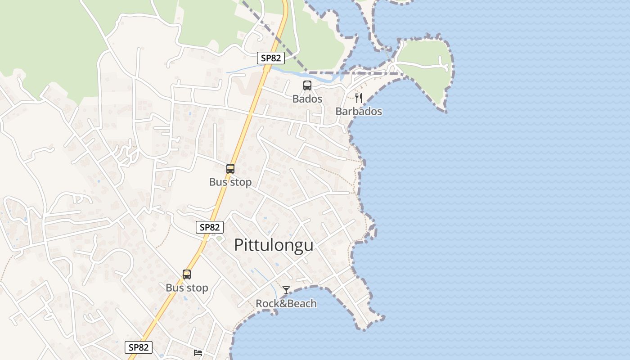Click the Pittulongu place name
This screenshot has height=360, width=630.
click(274, 245)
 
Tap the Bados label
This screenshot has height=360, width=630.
click(307, 99)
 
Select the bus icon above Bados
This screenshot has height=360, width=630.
click(307, 85)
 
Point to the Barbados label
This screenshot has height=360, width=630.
click(359, 111)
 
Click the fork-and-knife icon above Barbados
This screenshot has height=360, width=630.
click(359, 98)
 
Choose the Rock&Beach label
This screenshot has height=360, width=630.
click(286, 303)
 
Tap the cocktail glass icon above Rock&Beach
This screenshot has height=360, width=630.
click(286, 290)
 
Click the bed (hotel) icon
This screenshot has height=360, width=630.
click(198, 352)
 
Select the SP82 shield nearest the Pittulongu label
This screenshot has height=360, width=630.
click(210, 227)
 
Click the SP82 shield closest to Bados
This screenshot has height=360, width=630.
click(271, 58)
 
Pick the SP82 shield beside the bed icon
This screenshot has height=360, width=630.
click(139, 347)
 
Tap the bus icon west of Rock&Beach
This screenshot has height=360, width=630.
click(187, 274)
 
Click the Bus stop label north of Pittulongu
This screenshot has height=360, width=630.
click(230, 182)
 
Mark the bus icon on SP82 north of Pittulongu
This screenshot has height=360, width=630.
click(230, 169)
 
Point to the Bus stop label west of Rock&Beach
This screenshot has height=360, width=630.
click(187, 288)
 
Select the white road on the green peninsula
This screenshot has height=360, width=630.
click(423, 66)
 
